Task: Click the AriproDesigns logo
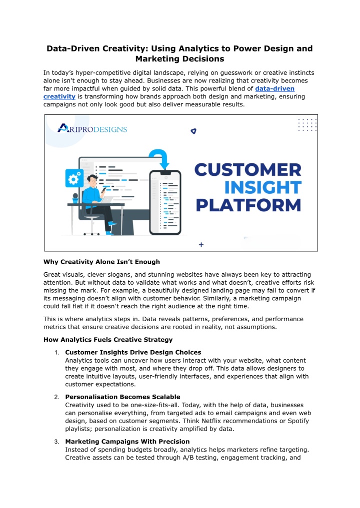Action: [x=92, y=128]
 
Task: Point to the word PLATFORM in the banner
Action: [x=248, y=205]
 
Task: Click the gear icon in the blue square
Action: [x=74, y=178]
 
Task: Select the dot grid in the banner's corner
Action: [x=307, y=125]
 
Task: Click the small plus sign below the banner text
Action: [x=201, y=245]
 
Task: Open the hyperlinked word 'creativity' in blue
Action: [x=59, y=96]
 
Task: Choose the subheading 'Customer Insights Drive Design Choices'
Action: [x=133, y=352]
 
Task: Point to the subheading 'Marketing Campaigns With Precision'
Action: [x=127, y=441]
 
